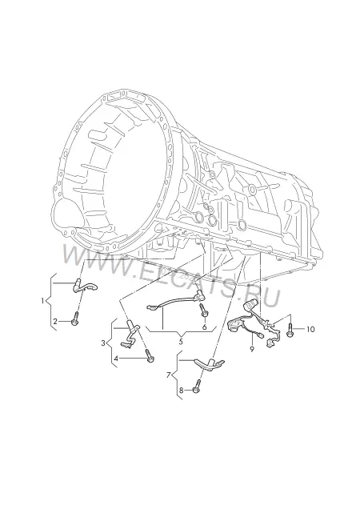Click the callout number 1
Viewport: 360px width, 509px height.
(42, 301)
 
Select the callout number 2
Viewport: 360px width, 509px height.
(55, 322)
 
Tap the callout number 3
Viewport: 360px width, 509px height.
(103, 343)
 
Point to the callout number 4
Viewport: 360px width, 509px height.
(116, 359)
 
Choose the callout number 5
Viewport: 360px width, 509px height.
(181, 342)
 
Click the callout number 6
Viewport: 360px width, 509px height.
(204, 327)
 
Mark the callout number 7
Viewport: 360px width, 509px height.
(168, 375)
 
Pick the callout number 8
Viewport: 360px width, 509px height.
(181, 391)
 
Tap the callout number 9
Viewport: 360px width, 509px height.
(252, 349)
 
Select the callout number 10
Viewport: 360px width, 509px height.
(310, 329)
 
